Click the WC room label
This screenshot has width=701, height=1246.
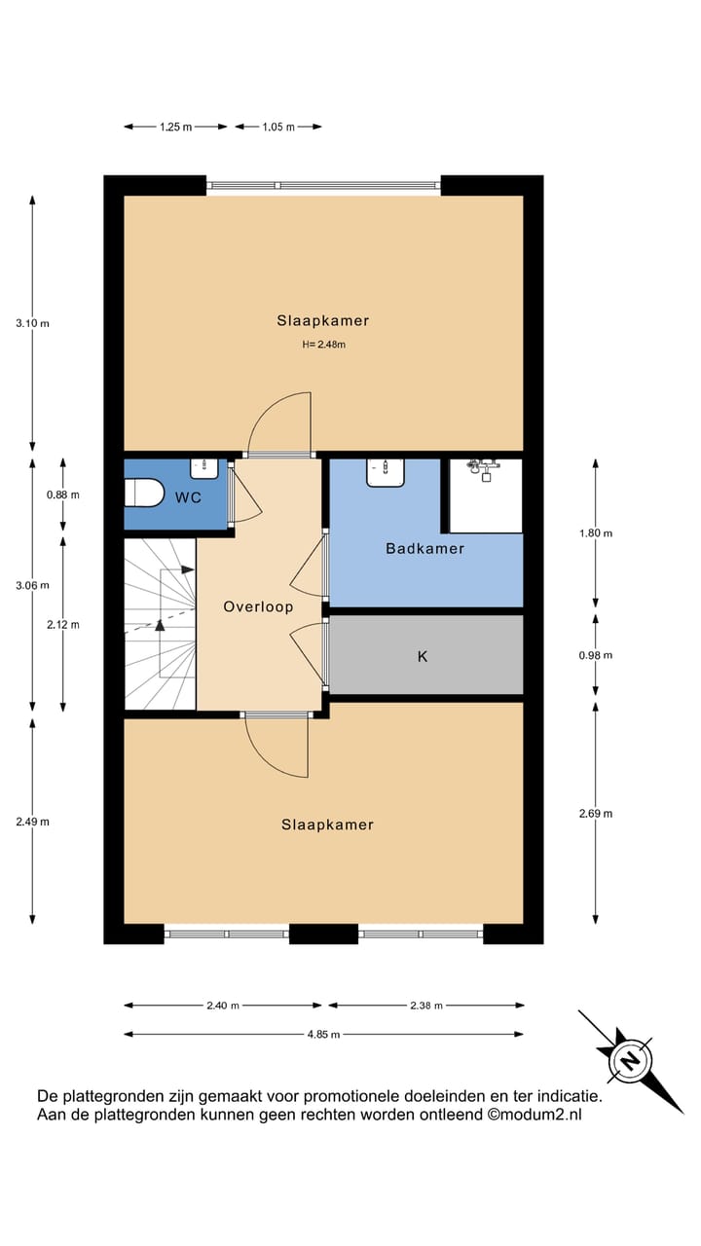pyautogui.click(x=189, y=498)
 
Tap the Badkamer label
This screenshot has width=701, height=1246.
pyautogui.click(x=424, y=549)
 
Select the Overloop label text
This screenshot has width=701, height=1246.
pyautogui.click(x=258, y=606)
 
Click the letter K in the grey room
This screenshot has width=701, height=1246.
pyautogui.click(x=423, y=657)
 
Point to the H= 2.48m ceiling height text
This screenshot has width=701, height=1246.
pyautogui.click(x=323, y=344)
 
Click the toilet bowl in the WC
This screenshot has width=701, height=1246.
pyautogui.click(x=144, y=495)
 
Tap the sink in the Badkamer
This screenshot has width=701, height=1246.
pyautogui.click(x=386, y=472)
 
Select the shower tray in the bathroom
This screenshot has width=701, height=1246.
pyautogui.click(x=485, y=496)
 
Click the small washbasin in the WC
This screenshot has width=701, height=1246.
pyautogui.click(x=204, y=468)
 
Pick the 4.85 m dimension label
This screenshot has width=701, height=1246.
pyautogui.click(x=322, y=1035)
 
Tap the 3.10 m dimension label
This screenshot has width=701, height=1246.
pyautogui.click(x=32, y=323)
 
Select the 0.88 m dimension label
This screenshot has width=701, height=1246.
pyautogui.click(x=62, y=495)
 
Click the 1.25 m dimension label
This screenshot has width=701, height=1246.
pyautogui.click(x=175, y=127)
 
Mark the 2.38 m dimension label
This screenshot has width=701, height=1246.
pyautogui.click(x=424, y=1006)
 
